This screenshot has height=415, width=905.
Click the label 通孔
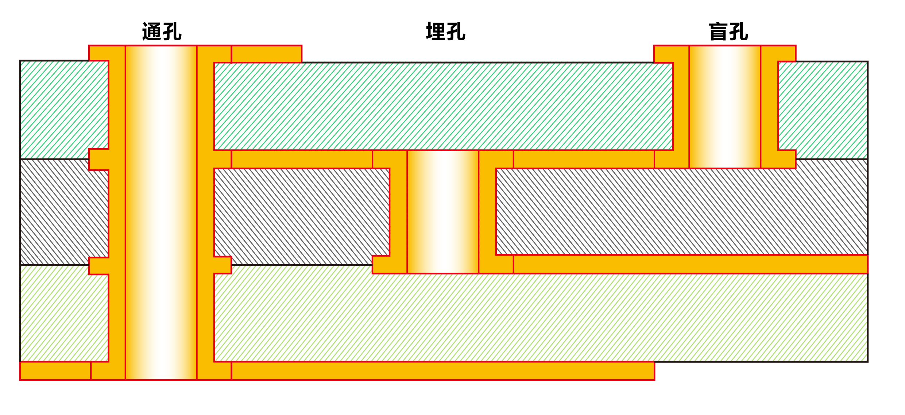click(x=162, y=31)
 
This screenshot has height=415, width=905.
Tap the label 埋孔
click(x=446, y=31)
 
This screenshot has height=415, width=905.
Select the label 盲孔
click(x=728, y=31)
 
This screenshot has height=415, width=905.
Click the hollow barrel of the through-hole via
click(x=161, y=212)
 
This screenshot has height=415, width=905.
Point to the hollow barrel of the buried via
click(x=442, y=212)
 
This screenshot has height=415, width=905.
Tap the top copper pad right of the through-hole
click(x=266, y=54)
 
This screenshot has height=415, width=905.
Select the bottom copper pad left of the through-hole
click(x=55, y=371)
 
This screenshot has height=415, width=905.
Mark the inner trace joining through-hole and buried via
click(x=302, y=160)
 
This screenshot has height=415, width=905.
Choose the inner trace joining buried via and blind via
click(x=584, y=160)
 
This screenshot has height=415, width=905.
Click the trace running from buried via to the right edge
click(x=689, y=264)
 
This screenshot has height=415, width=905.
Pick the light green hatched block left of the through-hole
click(x=64, y=314)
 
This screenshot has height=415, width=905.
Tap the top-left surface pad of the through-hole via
click(x=107, y=53)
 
